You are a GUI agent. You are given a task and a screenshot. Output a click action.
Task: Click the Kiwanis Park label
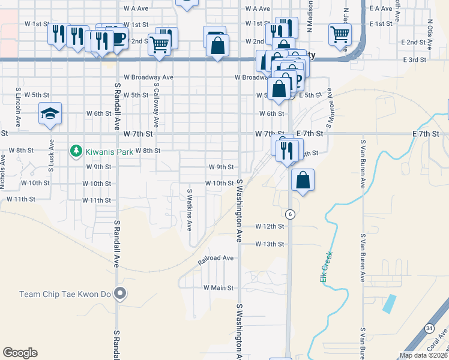[x=109, y=151]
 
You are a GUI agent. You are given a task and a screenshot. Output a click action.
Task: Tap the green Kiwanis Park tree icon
[x=76, y=151]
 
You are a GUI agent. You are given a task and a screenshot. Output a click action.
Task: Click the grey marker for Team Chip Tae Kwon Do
[x=121, y=293]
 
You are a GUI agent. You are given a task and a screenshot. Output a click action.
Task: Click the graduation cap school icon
[x=50, y=113]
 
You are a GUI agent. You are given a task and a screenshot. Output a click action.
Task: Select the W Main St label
[x=218, y=288]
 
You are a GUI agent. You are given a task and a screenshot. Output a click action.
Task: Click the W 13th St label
[x=269, y=244]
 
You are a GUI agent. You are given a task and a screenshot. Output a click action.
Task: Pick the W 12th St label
[x=269, y=226]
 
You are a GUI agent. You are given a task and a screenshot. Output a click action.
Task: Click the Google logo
[x=20, y=353]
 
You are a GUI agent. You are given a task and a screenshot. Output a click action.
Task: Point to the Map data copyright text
[x=423, y=355]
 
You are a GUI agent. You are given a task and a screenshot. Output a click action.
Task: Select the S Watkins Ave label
[x=189, y=210]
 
